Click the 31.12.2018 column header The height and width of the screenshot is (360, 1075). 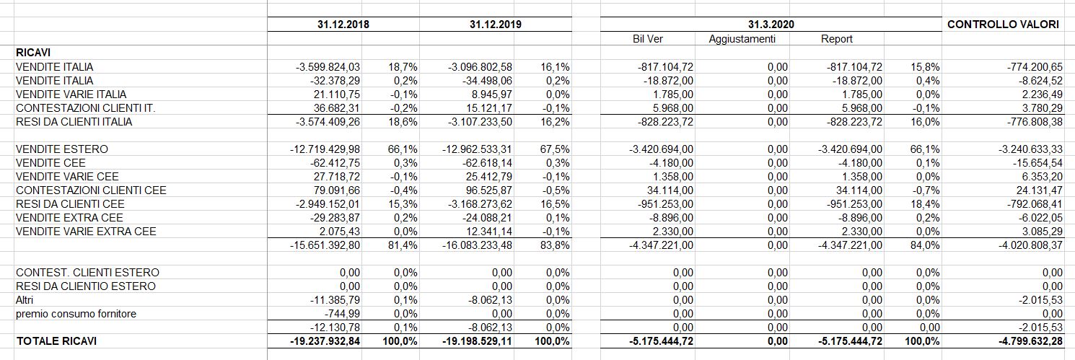point(343,25)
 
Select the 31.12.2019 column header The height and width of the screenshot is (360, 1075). point(495,25)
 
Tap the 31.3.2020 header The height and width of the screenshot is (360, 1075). point(771,25)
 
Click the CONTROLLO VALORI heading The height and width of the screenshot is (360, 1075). point(1003,25)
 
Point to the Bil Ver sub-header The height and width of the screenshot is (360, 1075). point(647,39)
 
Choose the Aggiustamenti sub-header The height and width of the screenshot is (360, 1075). point(742,40)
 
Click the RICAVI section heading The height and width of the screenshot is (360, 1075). point(33,53)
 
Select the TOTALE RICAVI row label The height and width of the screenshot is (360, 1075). point(56,341)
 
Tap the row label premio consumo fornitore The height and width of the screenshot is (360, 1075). point(76,314)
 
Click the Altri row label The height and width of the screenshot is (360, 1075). point(25,300)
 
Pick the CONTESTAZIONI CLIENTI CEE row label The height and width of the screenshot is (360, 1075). point(91,190)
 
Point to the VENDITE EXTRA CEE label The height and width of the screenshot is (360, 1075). point(69,217)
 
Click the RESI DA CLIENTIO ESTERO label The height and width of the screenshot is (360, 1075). point(85,286)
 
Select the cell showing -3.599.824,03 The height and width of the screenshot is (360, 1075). point(328,66)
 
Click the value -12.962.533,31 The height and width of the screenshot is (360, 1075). point(477,149)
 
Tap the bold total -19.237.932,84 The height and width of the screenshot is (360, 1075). point(325,341)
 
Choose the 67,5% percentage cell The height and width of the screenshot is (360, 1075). point(555,149)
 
